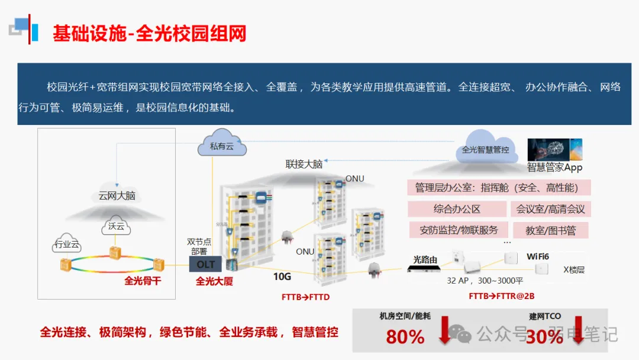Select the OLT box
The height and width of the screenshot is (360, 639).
click(x=205, y=264)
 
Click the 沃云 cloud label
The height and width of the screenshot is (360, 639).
click(x=117, y=226)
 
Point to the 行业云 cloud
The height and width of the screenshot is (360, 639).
click(x=66, y=244)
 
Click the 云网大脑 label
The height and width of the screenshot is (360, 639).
click(x=117, y=195)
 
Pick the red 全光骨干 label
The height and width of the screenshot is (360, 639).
click(x=143, y=281)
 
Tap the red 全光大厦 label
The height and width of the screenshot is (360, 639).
click(x=214, y=281)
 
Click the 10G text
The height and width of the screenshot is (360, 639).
click(x=282, y=277)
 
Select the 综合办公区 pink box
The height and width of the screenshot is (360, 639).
click(x=457, y=209)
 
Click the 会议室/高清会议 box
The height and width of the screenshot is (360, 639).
click(x=551, y=209)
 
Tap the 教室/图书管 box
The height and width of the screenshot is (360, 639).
click(x=551, y=230)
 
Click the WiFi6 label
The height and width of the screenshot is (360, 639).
click(x=538, y=256)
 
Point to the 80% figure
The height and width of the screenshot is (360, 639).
click(x=405, y=337)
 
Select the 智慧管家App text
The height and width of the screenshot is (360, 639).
click(x=554, y=168)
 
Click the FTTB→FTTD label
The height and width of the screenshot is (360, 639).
click(x=305, y=297)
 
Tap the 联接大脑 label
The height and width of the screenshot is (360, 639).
click(x=304, y=164)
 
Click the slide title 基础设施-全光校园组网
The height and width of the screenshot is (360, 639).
click(x=149, y=33)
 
